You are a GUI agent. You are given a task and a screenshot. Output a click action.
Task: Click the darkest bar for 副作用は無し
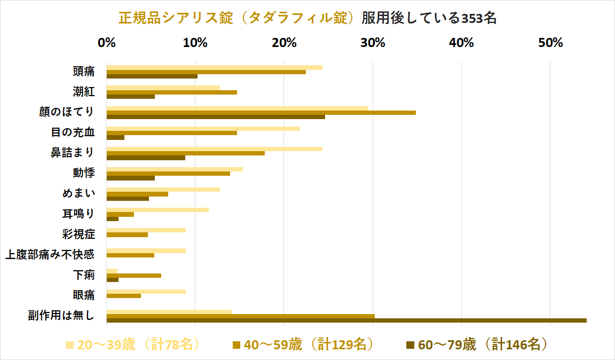(346, 320)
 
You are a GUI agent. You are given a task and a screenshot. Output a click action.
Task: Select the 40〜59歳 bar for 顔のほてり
(261, 113)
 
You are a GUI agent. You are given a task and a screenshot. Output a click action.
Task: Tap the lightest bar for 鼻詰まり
(214, 149)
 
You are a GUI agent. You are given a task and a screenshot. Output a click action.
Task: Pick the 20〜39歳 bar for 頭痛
(214, 68)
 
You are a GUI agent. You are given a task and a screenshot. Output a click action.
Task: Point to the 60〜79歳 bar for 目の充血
(115, 137)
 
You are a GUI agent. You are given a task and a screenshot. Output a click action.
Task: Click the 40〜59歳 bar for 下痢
(133, 276)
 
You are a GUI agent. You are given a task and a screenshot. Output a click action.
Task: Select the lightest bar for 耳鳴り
(157, 210)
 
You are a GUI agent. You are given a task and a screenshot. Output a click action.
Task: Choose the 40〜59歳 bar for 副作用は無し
(240, 316)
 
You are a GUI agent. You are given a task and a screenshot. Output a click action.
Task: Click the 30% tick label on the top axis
(373, 43)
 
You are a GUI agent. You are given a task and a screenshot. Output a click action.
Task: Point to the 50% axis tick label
(550, 43)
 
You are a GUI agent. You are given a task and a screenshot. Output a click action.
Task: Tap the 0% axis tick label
(107, 43)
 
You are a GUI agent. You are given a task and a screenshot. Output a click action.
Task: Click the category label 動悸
(84, 173)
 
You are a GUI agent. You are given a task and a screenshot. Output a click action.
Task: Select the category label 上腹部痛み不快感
(50, 255)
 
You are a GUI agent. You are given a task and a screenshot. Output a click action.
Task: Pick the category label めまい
(78, 193)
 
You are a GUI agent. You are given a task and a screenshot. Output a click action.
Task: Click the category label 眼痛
(84, 295)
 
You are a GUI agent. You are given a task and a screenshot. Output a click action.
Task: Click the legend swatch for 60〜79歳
(411, 345)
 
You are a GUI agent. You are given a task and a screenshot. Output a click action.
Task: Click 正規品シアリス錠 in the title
(176, 18)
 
